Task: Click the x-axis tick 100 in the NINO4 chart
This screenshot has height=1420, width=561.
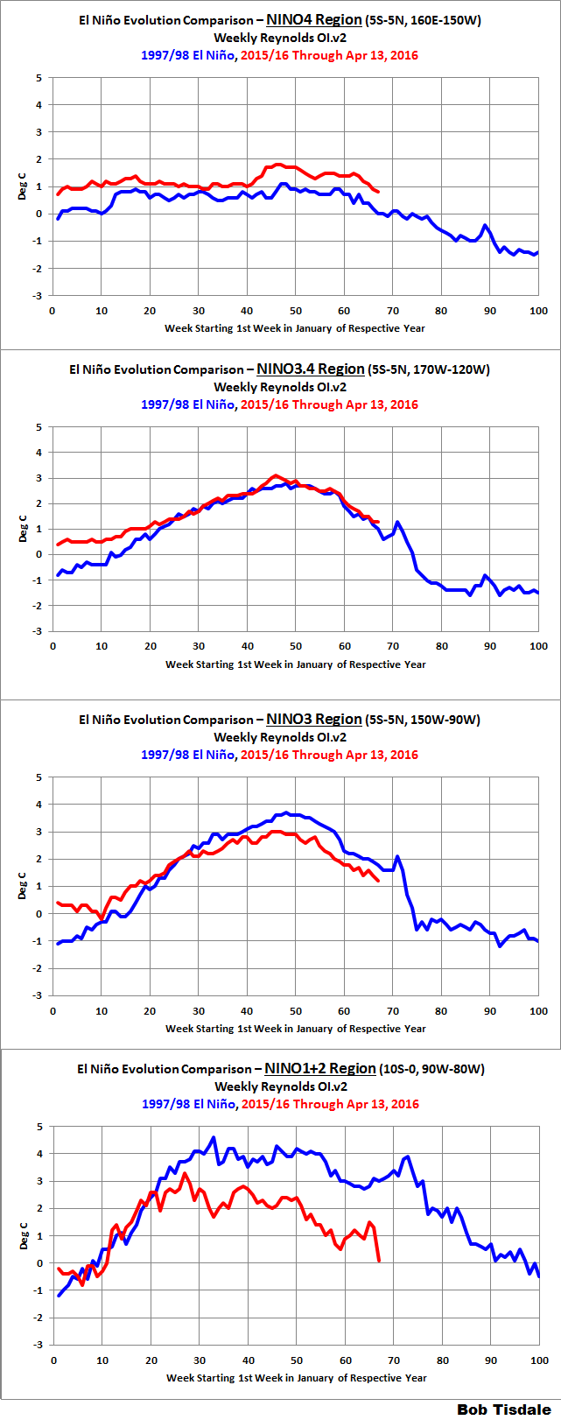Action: [x=537, y=311]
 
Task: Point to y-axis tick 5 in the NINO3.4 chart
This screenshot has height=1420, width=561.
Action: [x=39, y=427]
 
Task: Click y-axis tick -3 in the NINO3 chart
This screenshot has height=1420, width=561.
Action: [x=37, y=995]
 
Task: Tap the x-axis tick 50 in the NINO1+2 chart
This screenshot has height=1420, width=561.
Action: [x=297, y=1360]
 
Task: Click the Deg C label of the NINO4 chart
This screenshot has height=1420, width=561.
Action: [x=23, y=186]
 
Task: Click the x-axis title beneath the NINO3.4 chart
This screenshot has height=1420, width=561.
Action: [x=296, y=664]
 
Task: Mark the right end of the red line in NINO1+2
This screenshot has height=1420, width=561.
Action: [x=379, y=1261]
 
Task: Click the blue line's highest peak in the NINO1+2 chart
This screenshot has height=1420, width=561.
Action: [x=213, y=1137]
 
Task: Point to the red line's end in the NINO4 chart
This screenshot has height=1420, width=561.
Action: [x=378, y=192]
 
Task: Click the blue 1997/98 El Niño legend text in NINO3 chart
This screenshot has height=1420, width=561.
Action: [x=187, y=755]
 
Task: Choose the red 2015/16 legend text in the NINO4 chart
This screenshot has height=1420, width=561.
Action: [x=329, y=55]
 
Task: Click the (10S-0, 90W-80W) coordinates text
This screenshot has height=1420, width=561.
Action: [x=432, y=1069]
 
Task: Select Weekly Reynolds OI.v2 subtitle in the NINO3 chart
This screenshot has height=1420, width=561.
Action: [x=280, y=737]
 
